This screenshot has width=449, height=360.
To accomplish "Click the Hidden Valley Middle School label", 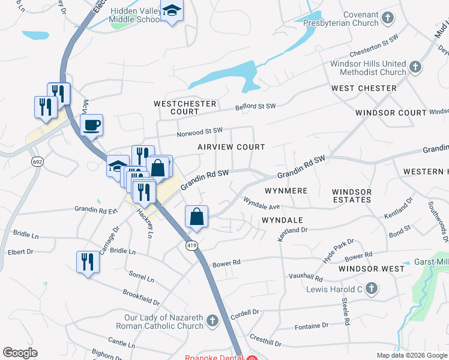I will pos(136,15).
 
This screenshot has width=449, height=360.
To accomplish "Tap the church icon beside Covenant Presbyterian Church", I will pos(388,18).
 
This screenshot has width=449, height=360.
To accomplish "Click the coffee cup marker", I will pos(91,125).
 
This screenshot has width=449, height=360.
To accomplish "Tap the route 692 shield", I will pos(37,162).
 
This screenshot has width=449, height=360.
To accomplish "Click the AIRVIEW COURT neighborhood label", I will pos(231,147).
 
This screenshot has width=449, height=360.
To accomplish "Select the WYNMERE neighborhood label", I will pos(286,191).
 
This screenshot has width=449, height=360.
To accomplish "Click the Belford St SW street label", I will pos(255,107).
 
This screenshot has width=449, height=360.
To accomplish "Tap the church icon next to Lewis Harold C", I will pos(371,289).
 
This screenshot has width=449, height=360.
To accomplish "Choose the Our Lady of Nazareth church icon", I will pos(212,322).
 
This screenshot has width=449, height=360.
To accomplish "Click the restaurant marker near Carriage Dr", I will pos(88,261).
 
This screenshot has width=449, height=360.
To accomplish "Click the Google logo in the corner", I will pos(20,353).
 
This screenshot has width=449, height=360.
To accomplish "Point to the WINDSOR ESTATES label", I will pos(352,196).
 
